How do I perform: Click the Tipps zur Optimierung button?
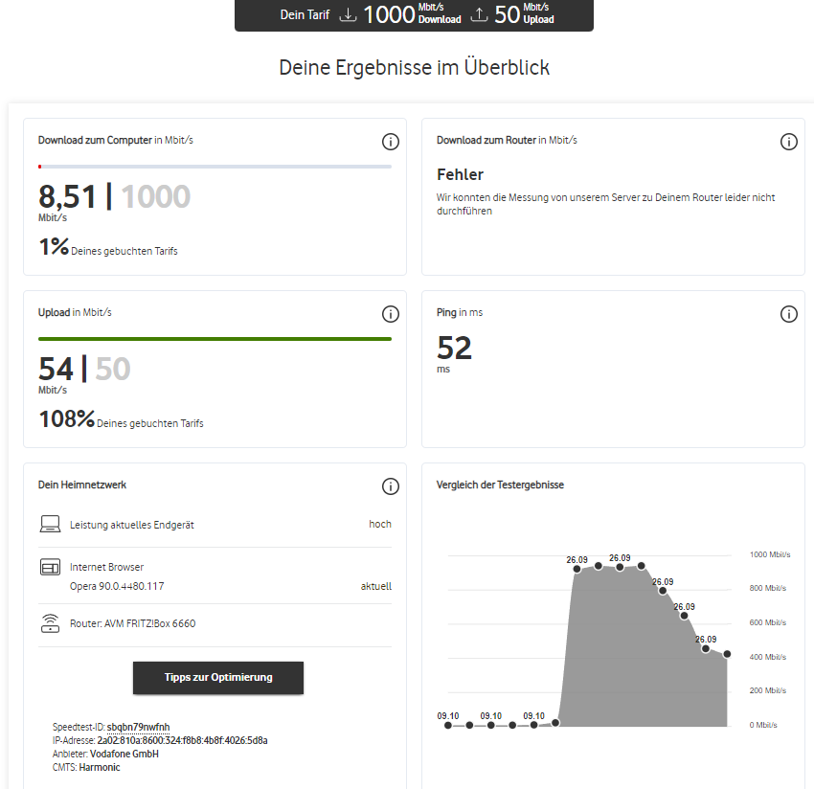[x=218, y=677]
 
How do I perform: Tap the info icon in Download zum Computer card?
[x=391, y=142]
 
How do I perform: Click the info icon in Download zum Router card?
[x=788, y=142]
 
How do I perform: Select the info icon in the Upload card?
[x=391, y=314]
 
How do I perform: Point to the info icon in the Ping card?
[x=788, y=314]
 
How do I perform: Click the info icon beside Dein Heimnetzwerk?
[x=391, y=486]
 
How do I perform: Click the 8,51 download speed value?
[x=67, y=196]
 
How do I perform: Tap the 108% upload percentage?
[x=67, y=418]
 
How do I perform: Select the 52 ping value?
[x=454, y=348]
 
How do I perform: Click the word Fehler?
[x=460, y=174]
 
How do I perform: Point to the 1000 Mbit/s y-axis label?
[x=770, y=554]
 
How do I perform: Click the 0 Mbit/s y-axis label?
[x=763, y=725]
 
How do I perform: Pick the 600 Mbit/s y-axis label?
[x=768, y=622]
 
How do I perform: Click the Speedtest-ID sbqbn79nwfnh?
[x=138, y=727]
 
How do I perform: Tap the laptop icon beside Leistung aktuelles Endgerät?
[x=51, y=524]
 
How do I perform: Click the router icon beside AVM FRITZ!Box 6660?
[x=51, y=623]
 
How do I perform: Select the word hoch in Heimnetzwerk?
[x=380, y=525]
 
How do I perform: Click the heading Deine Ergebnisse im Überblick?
[x=415, y=67]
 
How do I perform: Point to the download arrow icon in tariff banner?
[x=348, y=14]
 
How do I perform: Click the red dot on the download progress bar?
[x=40, y=167]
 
